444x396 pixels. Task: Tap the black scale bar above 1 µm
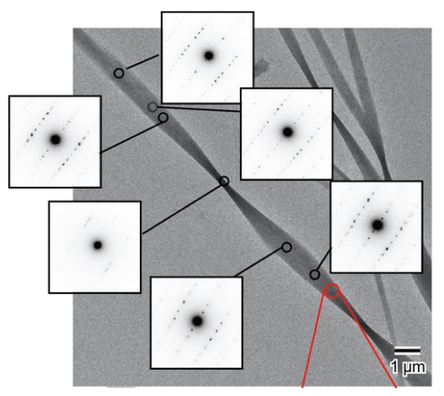coord(407,350)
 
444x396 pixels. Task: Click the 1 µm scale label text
coord(408,367)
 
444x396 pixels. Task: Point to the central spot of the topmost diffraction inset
coord(208,55)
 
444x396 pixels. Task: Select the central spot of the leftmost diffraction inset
coord(55,140)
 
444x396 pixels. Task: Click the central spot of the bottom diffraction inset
coord(197,321)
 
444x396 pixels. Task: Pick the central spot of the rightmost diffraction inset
coord(377,225)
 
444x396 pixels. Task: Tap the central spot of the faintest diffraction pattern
coord(98,245)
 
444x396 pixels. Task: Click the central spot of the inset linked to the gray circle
coord(288,132)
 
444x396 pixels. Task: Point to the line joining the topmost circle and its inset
coord(142,62)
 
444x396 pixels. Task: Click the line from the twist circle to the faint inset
coord(182,209)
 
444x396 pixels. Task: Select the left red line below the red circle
coord(314,339)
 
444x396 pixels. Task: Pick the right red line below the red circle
coord(368,340)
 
